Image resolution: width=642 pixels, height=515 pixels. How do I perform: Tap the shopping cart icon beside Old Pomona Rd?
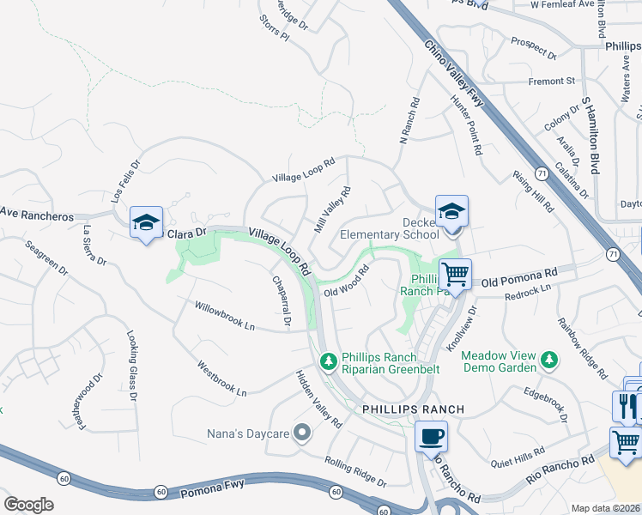point(455,275)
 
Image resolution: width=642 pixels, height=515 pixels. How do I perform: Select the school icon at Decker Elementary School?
point(451,211)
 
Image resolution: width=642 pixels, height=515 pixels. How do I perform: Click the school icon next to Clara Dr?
point(146,223)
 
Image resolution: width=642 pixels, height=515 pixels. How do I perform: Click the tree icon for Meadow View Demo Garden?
point(546,360)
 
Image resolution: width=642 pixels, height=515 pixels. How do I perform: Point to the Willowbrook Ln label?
point(226,316)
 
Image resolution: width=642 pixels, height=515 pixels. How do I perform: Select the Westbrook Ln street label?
point(221,378)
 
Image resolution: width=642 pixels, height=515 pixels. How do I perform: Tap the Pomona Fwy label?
point(213,494)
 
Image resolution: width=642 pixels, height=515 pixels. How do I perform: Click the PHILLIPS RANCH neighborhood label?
point(413,409)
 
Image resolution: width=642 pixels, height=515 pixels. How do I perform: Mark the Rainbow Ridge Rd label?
point(579,346)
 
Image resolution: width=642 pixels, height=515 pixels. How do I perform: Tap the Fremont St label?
point(553,82)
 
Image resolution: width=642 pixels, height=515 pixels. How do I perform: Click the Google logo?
point(28,504)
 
